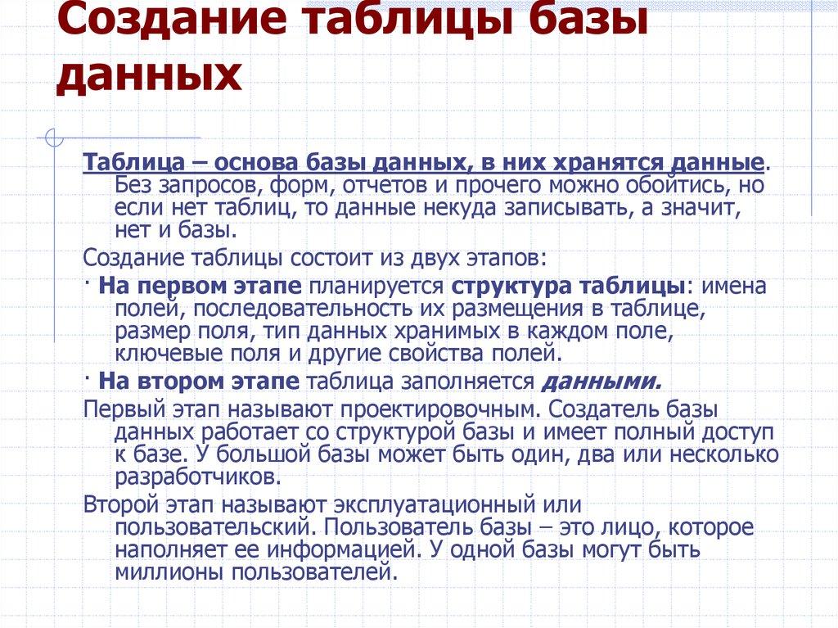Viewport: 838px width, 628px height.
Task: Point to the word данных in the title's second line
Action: (149, 79)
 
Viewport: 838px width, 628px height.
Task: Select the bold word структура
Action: (511, 287)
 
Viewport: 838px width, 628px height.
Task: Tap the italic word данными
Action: (601, 381)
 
